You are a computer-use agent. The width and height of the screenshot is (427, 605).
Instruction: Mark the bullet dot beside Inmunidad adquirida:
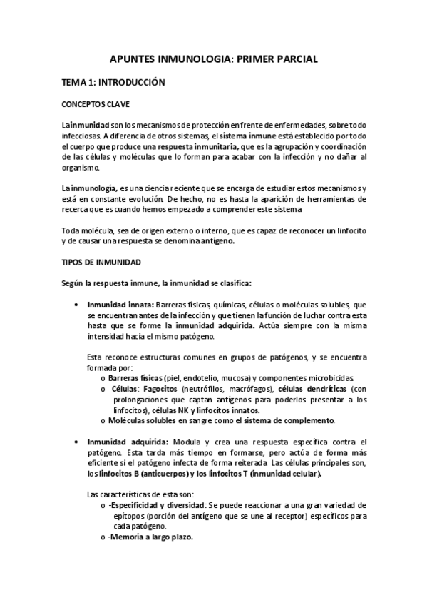pyautogui.click(x=77, y=441)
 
